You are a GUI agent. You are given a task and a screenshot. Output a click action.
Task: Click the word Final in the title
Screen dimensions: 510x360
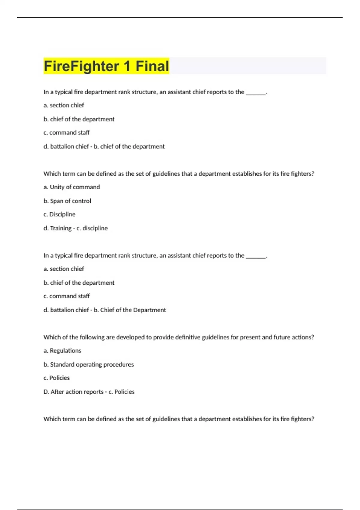tap(152, 66)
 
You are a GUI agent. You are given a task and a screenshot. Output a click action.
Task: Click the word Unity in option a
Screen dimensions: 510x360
tap(57, 187)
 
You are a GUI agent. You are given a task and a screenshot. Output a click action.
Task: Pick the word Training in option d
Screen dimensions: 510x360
tap(61, 228)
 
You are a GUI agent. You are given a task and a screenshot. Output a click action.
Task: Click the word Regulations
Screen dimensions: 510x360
tap(65, 350)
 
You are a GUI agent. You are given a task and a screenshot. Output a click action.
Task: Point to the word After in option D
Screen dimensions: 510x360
tap(57, 391)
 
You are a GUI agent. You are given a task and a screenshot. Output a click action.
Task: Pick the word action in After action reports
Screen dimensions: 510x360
tap(74, 391)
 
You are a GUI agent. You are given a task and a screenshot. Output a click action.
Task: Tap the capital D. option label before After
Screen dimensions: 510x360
tap(46, 391)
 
